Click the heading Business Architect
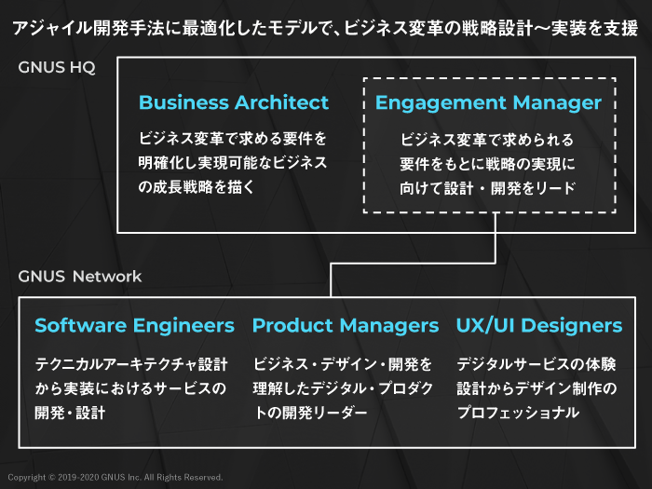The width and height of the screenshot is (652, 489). (x=234, y=102)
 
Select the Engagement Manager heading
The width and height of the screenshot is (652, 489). (x=488, y=102)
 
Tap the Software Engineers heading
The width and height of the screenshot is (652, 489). (x=134, y=325)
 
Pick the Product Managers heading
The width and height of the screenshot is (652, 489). (x=345, y=325)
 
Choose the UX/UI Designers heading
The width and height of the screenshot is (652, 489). (x=538, y=325)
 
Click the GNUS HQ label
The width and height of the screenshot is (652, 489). (x=57, y=68)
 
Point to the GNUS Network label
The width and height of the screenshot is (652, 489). (x=80, y=276)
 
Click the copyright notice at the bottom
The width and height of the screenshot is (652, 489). (x=115, y=478)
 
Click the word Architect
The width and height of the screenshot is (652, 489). (x=282, y=102)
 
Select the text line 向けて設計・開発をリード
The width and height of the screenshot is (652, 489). (x=488, y=188)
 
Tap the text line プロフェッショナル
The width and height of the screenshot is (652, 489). (x=518, y=412)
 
